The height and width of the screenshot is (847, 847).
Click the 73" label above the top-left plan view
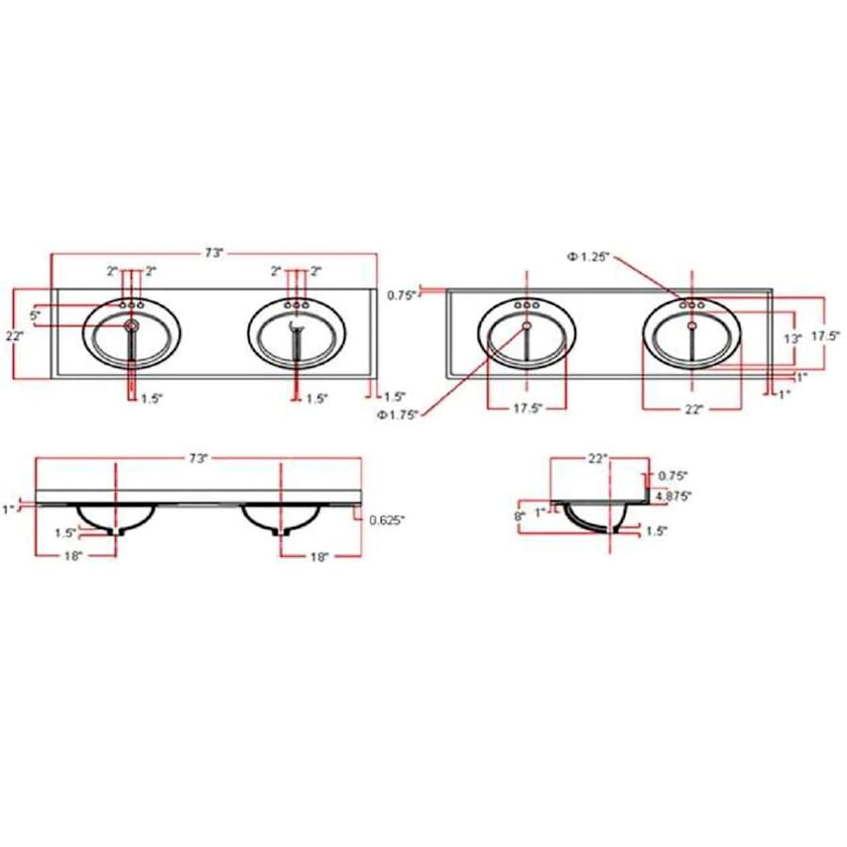(x=215, y=253)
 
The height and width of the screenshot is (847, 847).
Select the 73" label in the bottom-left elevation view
(x=198, y=458)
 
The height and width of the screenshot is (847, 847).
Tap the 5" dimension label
(x=36, y=315)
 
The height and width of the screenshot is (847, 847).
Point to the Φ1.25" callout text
(x=589, y=256)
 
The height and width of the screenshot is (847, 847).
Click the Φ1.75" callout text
(x=398, y=415)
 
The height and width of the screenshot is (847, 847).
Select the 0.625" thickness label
(x=387, y=519)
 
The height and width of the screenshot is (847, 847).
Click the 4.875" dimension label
(x=675, y=495)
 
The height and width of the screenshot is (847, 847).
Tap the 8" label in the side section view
(x=519, y=516)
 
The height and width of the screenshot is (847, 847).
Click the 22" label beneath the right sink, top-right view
(x=694, y=409)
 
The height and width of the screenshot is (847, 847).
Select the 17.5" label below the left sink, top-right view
(x=527, y=409)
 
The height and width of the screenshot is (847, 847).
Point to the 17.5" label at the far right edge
(x=827, y=334)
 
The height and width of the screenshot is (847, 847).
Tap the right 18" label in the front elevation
(x=319, y=557)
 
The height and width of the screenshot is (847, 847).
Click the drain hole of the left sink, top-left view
(x=132, y=326)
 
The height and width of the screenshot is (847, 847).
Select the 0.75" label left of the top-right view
(x=402, y=295)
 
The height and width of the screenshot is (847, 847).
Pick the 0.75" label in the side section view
(x=673, y=476)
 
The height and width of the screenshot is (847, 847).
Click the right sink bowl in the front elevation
(x=281, y=517)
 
